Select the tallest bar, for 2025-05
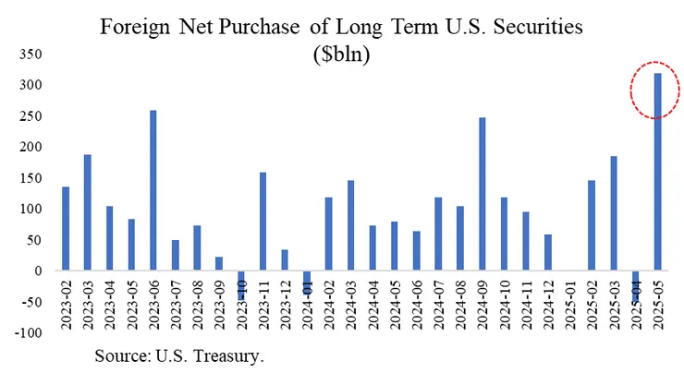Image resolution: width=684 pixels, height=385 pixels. click(x=657, y=173)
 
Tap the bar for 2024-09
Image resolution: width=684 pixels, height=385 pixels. click(x=482, y=195)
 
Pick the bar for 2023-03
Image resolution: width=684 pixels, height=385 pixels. click(x=88, y=213)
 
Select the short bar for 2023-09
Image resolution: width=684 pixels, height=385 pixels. click(x=219, y=264)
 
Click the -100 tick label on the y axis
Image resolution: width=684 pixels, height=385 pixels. click(x=27, y=332)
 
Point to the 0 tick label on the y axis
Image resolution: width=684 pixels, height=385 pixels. click(x=36, y=271)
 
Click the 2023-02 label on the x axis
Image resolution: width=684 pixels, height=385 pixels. click(x=67, y=305)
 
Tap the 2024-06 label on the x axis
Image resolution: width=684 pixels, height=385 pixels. click(x=417, y=305)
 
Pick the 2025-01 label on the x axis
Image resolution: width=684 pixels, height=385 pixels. click(x=570, y=305)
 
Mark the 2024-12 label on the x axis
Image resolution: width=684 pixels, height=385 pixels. click(x=548, y=305)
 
